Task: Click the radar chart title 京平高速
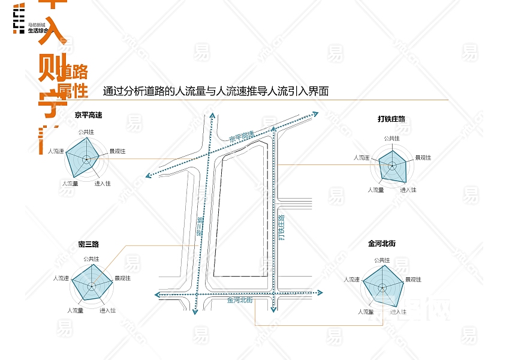[x=88, y=115]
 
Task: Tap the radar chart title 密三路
[x=88, y=244]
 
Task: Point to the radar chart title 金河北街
[x=382, y=244]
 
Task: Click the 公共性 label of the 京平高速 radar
[x=86, y=131]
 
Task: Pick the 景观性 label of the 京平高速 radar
[x=118, y=152]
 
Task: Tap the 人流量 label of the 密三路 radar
[x=75, y=310]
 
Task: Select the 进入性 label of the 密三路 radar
[x=108, y=310]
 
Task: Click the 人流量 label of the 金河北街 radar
[x=366, y=312]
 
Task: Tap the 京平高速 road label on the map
[x=242, y=137]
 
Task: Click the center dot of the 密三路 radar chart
[x=91, y=287]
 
